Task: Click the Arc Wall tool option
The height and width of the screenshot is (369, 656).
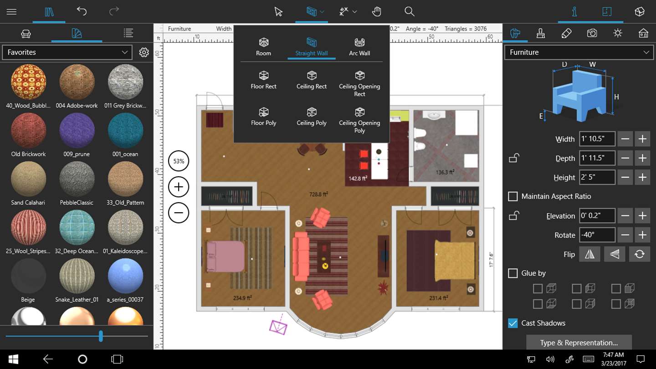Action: pyautogui.click(x=359, y=47)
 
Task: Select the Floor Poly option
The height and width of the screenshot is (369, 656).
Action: pyautogui.click(x=264, y=117)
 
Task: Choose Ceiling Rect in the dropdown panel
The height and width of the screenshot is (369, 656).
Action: pyautogui.click(x=312, y=80)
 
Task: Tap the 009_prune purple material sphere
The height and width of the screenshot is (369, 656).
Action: pyautogui.click(x=77, y=130)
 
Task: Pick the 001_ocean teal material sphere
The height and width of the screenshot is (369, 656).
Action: pyautogui.click(x=125, y=130)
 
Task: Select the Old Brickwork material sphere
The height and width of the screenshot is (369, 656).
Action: pyautogui.click(x=28, y=130)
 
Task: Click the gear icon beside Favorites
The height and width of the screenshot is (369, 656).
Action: pyautogui.click(x=144, y=52)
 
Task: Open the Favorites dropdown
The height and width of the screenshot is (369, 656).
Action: pyautogui.click(x=67, y=52)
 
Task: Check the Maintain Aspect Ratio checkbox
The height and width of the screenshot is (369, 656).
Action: pyautogui.click(x=513, y=196)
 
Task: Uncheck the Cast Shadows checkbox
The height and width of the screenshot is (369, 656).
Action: pyautogui.click(x=513, y=323)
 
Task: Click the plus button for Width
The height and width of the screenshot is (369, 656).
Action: pyautogui.click(x=642, y=139)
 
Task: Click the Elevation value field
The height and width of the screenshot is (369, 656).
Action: pyautogui.click(x=597, y=216)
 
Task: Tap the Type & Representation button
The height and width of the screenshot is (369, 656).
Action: pyautogui.click(x=579, y=343)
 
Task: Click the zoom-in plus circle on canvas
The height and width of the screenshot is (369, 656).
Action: pyautogui.click(x=179, y=187)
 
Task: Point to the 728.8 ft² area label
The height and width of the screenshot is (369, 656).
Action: pyautogui.click(x=318, y=194)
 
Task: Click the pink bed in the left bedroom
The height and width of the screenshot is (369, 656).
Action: pyautogui.click(x=225, y=256)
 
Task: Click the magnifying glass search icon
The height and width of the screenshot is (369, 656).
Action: pyautogui.click(x=409, y=12)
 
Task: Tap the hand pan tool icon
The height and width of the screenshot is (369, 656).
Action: pyautogui.click(x=377, y=12)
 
